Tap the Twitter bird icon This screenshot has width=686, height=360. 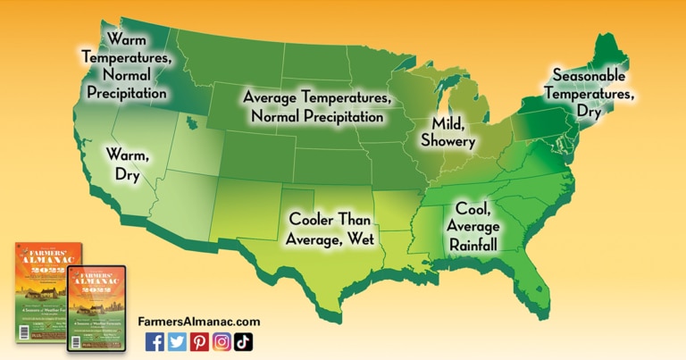tap(177, 341)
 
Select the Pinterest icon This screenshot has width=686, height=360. tap(199, 341)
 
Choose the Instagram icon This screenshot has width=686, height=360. tap(222, 341)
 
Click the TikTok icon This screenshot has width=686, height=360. tap(243, 341)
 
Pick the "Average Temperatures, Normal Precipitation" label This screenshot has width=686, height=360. tap(316, 106)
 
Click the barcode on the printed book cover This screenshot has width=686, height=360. tap(26, 333)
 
